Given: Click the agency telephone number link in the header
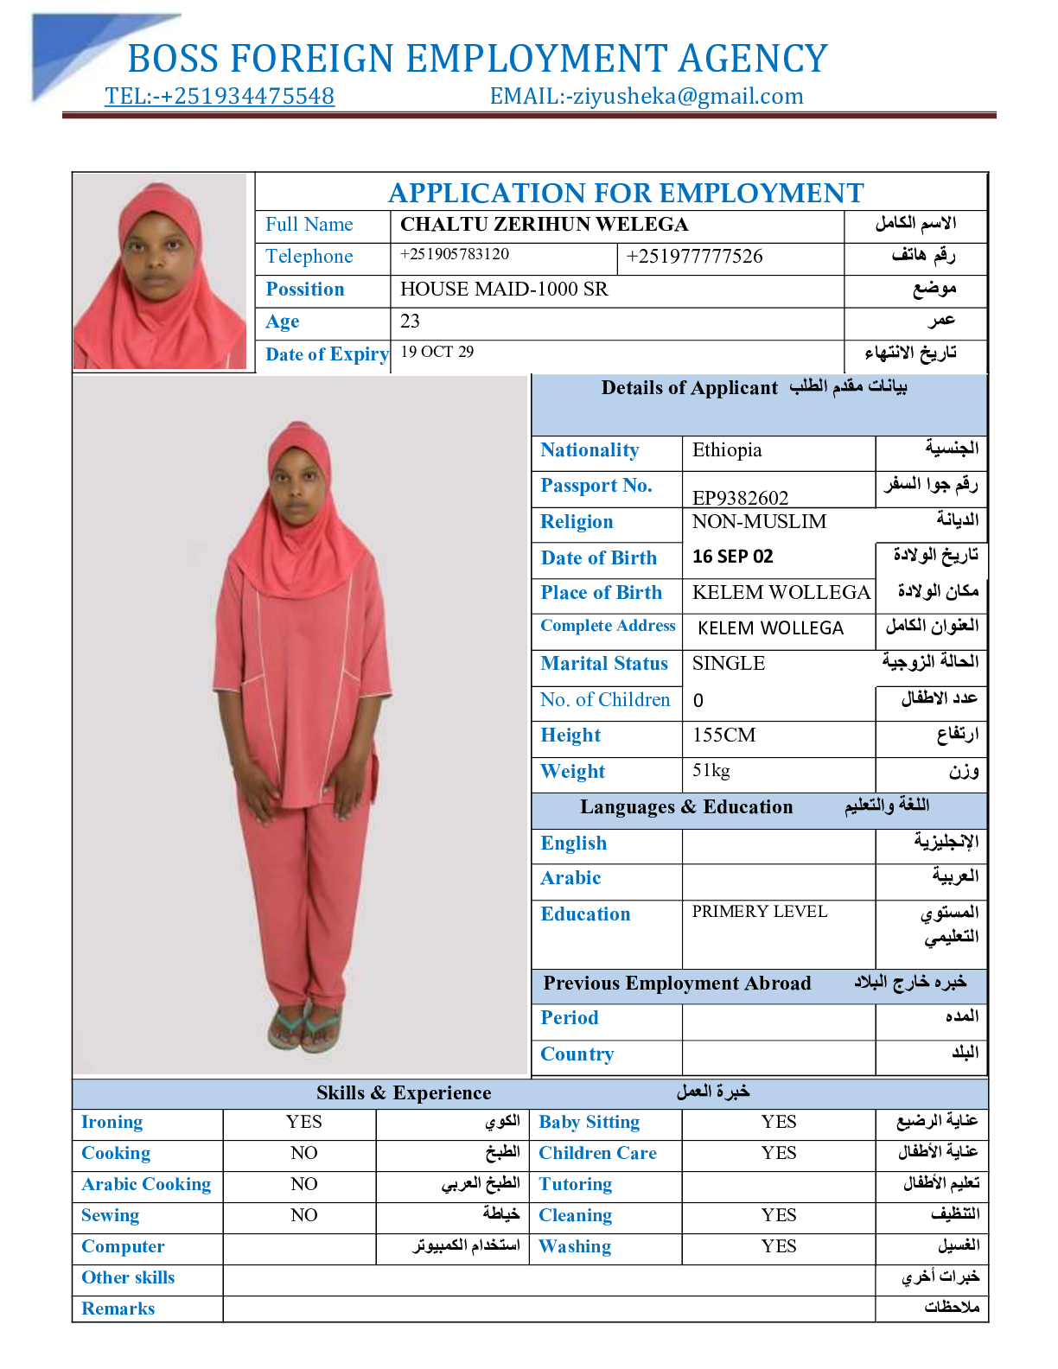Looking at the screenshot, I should (220, 96).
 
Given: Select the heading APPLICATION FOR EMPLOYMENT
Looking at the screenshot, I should (626, 193).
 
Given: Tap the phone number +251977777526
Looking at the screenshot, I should (694, 257).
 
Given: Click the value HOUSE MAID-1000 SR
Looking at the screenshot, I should (504, 290).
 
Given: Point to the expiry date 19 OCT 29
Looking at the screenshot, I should (437, 352).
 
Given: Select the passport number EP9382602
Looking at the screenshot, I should (741, 498).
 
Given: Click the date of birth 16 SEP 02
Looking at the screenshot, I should (733, 557).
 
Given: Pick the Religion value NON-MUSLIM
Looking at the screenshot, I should (759, 522).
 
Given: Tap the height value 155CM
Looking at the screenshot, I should (724, 735).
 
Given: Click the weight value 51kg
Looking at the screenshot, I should (711, 770).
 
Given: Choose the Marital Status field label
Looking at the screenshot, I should (604, 664).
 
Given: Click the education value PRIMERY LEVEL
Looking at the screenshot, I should (760, 912).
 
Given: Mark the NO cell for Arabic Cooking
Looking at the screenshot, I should (304, 1184).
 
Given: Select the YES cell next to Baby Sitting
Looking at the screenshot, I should (779, 1122).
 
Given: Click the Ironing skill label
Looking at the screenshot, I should (112, 1122).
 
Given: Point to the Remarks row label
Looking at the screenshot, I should (118, 1309).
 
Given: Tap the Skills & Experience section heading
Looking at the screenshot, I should (404, 1093).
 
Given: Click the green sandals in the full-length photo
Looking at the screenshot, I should (304, 1028).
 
